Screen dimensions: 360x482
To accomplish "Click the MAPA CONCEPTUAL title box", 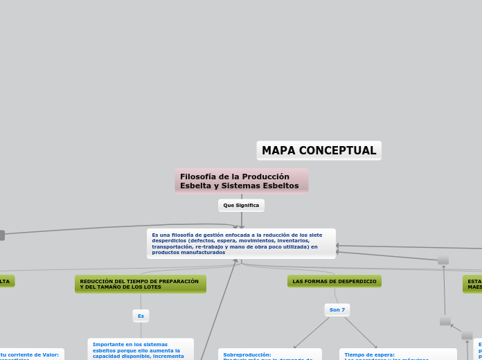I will pyautogui.click(x=319, y=150).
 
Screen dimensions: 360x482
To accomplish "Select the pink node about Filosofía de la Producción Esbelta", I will pyautogui.click(x=241, y=181).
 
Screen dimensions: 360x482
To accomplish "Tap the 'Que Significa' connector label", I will pyautogui.click(x=241, y=206).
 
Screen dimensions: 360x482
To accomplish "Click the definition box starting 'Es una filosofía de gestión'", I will pyautogui.click(x=241, y=244).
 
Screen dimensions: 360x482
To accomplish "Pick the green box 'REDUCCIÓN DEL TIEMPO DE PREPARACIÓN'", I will pyautogui.click(x=140, y=284).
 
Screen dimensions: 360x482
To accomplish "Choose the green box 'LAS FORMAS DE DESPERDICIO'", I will pyautogui.click(x=334, y=281).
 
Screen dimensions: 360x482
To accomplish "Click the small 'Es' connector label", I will pyautogui.click(x=141, y=316).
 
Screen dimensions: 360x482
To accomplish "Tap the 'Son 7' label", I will pyautogui.click(x=337, y=309).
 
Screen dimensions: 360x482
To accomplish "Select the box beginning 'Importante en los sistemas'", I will pyautogui.click(x=141, y=349).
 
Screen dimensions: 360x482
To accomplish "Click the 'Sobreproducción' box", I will pyautogui.click(x=269, y=354).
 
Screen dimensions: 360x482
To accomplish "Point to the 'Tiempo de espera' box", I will pyautogui.click(x=398, y=354).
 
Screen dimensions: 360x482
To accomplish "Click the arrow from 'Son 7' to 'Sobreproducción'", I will pyautogui.click(x=312, y=333).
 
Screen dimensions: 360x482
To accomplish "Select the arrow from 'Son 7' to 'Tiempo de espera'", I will pyautogui.click(x=360, y=332).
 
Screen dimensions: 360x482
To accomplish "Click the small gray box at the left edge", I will pyautogui.click(x=1, y=235).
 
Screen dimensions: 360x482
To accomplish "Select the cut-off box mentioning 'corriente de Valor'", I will pyautogui.click(x=31, y=354).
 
